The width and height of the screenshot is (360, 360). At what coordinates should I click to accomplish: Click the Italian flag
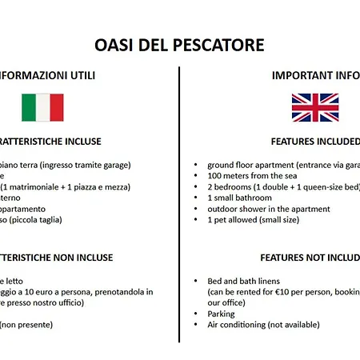pyautogui.click(x=42, y=107)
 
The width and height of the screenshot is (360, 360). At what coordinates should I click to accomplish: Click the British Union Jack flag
pyautogui.click(x=314, y=107)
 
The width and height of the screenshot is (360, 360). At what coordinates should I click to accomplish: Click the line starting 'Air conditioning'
pyautogui.click(x=263, y=325)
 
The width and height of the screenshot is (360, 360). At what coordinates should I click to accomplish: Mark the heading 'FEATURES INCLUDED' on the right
pyautogui.click(x=314, y=142)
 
